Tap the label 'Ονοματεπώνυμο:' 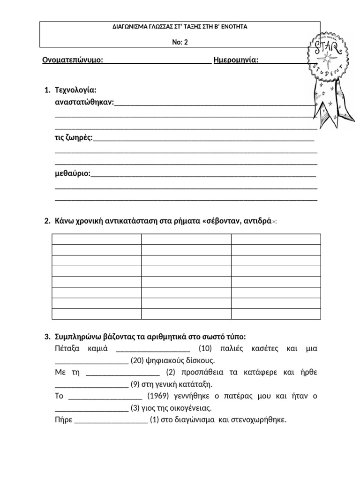pos(73,60)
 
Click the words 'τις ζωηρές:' pos(74,137)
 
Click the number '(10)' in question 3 pos(206,348)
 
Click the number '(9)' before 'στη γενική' pos(135,384)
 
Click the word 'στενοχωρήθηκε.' pos(258,420)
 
